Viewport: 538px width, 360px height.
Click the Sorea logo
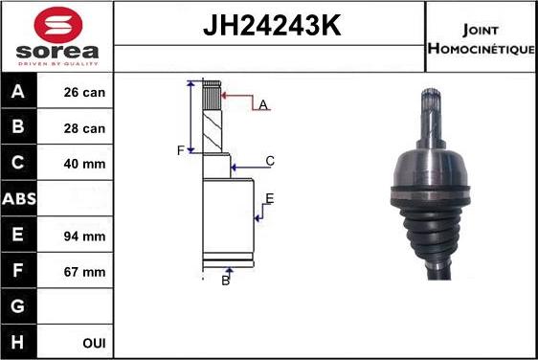(x=57, y=35)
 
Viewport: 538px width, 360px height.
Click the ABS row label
(x=19, y=199)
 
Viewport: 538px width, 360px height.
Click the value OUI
(x=94, y=343)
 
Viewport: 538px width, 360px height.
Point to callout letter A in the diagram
(x=261, y=104)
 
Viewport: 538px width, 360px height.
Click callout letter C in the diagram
(x=270, y=161)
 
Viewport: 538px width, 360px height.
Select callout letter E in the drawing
(x=270, y=198)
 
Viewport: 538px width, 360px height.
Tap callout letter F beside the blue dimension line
(x=179, y=150)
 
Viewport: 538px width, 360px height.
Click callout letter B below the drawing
(x=226, y=280)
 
